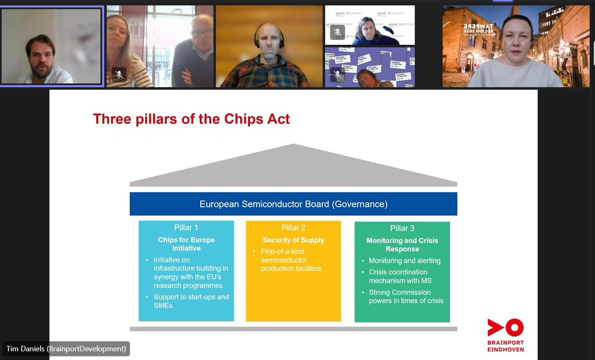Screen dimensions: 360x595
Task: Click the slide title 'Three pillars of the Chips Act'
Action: point(191,119)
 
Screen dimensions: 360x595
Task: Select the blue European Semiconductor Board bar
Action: point(293,204)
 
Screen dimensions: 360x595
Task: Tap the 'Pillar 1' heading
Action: point(186,228)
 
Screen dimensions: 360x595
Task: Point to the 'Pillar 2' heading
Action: point(293,228)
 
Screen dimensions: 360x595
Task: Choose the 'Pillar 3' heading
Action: point(402,228)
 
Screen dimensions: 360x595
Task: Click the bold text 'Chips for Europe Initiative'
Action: point(186,244)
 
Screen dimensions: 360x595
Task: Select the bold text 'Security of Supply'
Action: point(293,240)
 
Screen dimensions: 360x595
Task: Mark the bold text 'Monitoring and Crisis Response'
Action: point(402,244)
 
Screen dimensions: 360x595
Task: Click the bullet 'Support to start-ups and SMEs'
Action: point(191,301)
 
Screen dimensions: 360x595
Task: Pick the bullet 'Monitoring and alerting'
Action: point(404,260)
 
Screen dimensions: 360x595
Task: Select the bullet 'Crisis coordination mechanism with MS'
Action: point(400,276)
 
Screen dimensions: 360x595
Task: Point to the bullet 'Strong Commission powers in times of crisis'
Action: point(406,297)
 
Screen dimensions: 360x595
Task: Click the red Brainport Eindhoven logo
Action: point(505,335)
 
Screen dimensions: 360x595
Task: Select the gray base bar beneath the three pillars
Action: point(293,329)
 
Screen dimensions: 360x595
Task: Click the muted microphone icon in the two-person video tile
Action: point(119,74)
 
